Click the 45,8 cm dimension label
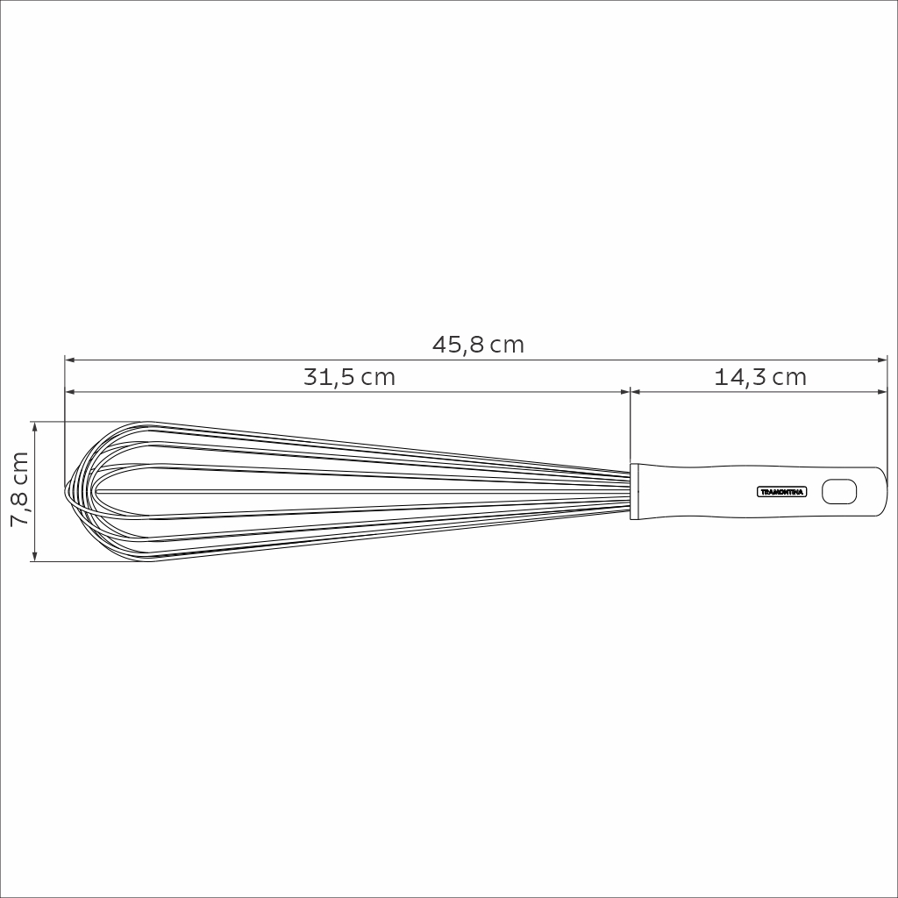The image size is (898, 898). (x=478, y=345)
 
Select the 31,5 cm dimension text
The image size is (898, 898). (x=349, y=377)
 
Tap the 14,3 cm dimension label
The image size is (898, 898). (x=759, y=377)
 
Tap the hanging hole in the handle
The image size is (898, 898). (x=838, y=492)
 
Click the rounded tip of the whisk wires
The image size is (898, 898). (x=68, y=492)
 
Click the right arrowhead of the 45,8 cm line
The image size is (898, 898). (x=884, y=359)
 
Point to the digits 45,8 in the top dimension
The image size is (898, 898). (x=458, y=345)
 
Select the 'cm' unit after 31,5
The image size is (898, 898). (x=379, y=377)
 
